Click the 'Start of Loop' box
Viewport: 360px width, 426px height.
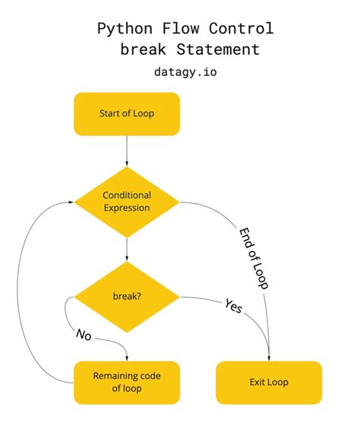[x=126, y=114]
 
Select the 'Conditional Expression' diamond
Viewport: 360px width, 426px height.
[x=126, y=201]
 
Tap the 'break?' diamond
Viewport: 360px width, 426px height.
[x=126, y=296]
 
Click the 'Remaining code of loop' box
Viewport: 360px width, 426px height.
[x=126, y=382]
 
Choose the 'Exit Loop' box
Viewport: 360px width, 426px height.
[x=269, y=382]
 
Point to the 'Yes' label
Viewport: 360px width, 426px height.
[x=234, y=307]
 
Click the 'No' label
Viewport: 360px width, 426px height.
[x=84, y=334]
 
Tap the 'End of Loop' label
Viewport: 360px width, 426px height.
[x=254, y=258]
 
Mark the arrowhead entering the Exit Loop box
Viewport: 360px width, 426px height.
[x=269, y=358]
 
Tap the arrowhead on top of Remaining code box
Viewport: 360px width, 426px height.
[x=126, y=358]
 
